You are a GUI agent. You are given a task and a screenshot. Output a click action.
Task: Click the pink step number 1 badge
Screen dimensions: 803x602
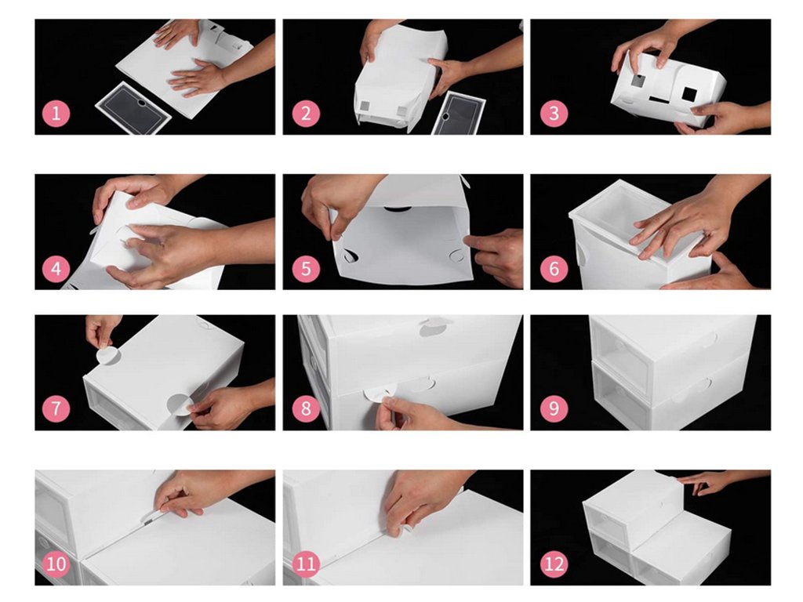click(x=56, y=114)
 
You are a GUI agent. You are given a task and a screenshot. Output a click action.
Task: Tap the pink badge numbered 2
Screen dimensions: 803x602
click(x=306, y=114)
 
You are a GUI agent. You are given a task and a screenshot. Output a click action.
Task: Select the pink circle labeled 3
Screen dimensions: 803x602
click(x=554, y=114)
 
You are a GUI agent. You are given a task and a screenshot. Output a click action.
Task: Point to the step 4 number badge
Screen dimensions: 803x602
click(x=56, y=269)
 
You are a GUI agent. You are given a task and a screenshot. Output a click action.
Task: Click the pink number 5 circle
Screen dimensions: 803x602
click(x=306, y=269)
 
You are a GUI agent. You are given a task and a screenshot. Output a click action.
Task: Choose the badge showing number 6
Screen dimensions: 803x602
click(x=554, y=269)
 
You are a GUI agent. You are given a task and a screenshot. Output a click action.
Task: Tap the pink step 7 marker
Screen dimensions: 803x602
click(x=56, y=408)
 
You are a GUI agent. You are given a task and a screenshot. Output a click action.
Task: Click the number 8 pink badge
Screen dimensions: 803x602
click(x=306, y=408)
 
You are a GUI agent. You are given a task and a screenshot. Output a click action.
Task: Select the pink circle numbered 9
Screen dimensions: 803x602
click(x=554, y=408)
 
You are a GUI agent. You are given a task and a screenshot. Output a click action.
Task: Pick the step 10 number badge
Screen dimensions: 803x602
click(x=56, y=564)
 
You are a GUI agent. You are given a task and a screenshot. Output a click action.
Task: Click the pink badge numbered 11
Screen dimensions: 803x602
click(x=306, y=564)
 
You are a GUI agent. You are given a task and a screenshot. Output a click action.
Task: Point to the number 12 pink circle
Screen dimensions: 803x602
click(x=554, y=564)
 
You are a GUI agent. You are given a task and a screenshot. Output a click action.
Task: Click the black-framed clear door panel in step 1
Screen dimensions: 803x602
click(x=133, y=107)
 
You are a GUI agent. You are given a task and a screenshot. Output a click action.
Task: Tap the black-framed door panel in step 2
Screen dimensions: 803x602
click(x=458, y=114)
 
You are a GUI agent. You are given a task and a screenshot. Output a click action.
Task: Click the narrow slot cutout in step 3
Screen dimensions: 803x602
click(x=659, y=100)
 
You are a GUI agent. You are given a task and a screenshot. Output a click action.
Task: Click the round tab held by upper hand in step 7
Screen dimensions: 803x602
click(x=107, y=356)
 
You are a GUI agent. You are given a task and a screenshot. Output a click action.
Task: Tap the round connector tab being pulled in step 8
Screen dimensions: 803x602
click(x=378, y=395)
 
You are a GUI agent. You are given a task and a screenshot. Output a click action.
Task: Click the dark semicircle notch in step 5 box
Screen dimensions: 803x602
click(x=398, y=209)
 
